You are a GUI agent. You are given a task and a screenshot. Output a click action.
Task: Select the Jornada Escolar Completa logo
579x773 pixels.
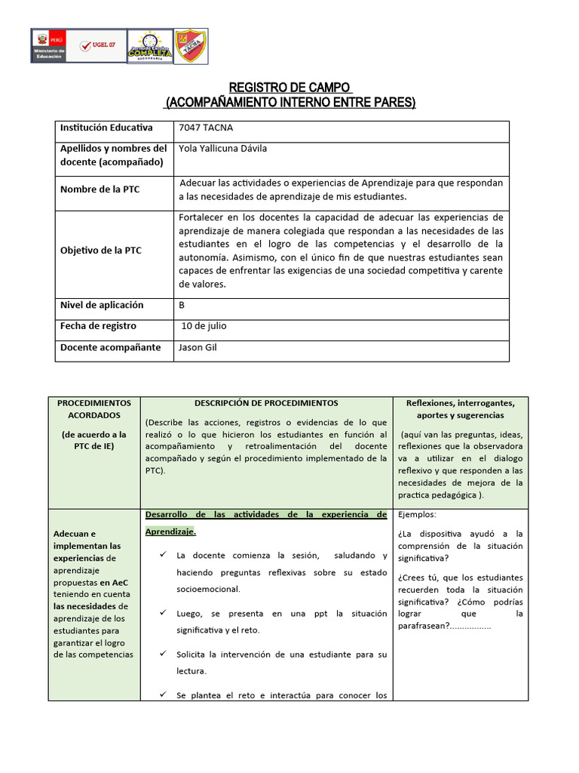pyautogui.click(x=149, y=47)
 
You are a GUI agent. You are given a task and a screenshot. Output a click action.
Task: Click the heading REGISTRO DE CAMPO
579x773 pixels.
pyautogui.click(x=289, y=88)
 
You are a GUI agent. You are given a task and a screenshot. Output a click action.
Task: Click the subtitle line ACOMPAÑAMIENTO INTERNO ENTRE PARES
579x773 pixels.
pyautogui.click(x=289, y=102)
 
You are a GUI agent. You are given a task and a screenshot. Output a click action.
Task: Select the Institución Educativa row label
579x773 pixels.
pyautogui.click(x=106, y=128)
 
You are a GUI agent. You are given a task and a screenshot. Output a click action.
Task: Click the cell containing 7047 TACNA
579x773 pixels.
pyautogui.click(x=201, y=128)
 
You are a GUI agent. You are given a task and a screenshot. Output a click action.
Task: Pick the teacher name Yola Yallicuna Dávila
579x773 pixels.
pyautogui.click(x=222, y=149)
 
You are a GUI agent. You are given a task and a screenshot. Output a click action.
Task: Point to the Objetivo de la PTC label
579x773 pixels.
pyautogui.click(x=101, y=251)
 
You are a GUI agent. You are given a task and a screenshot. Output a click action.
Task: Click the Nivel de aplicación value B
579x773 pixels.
pyautogui.click(x=182, y=305)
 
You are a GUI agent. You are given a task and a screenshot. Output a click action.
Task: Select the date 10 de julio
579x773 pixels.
pyautogui.click(x=204, y=326)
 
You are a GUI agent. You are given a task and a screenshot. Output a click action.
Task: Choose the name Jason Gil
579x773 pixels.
pyautogui.click(x=198, y=347)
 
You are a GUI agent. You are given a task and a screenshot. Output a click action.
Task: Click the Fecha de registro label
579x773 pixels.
pyautogui.click(x=98, y=326)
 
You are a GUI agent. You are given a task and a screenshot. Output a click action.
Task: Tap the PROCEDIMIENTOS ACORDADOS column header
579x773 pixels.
pyautogui.click(x=94, y=409)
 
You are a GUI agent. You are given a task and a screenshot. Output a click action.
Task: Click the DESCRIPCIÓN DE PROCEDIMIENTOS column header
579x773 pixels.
pyautogui.click(x=266, y=404)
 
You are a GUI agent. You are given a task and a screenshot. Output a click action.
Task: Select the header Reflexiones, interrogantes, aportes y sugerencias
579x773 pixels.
pyautogui.click(x=460, y=409)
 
